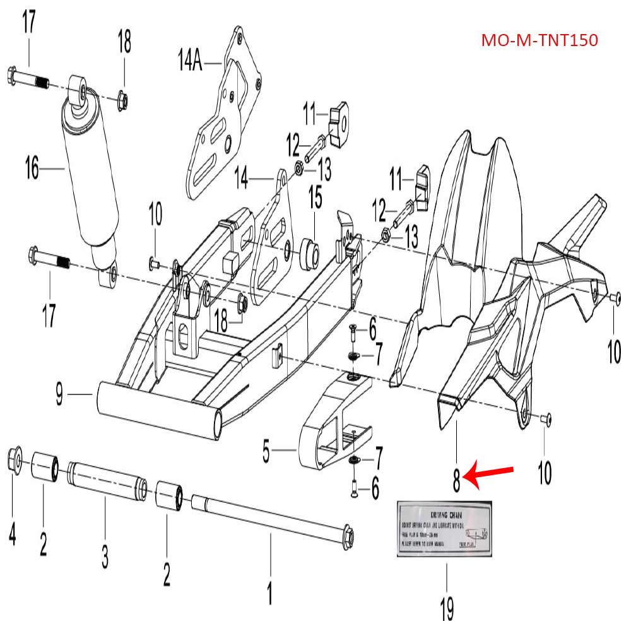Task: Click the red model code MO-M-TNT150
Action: point(539,40)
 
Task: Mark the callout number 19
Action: point(446,606)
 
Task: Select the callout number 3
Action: point(105,556)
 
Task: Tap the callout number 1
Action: point(270,593)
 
